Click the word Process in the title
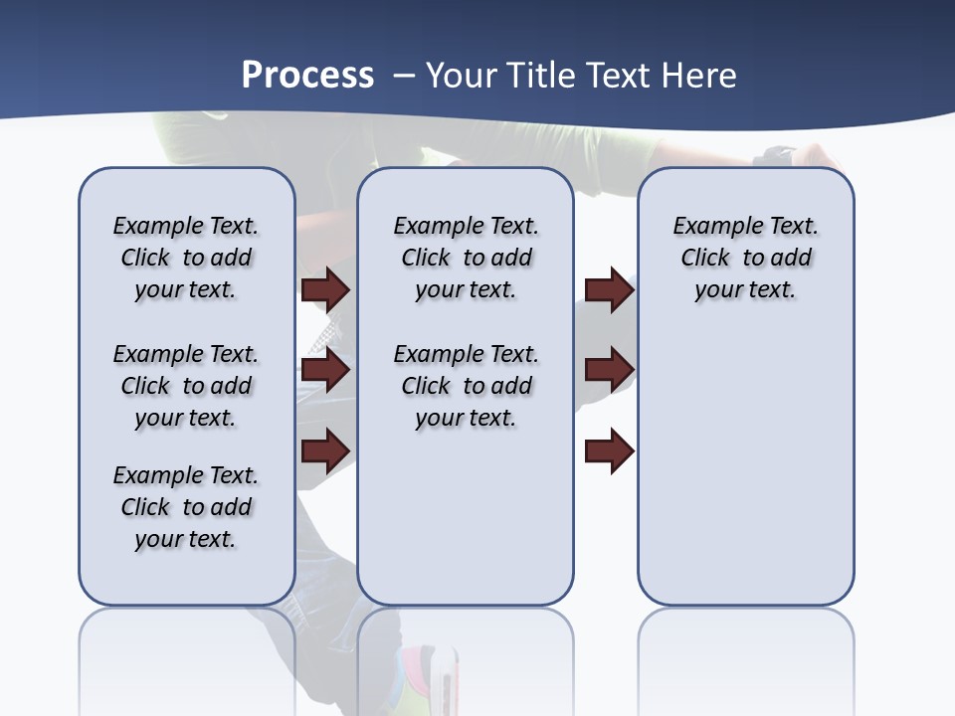click(x=307, y=76)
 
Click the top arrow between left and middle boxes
click(x=325, y=289)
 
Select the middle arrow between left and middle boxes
click(x=325, y=370)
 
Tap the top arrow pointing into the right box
click(x=609, y=289)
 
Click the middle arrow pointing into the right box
click(x=609, y=370)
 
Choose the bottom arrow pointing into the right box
click(x=609, y=450)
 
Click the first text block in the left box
click(x=186, y=258)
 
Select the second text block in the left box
click(x=186, y=386)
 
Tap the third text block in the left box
click(x=186, y=507)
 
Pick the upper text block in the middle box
click(x=466, y=258)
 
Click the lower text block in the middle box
click(x=466, y=386)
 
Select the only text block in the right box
click(x=745, y=258)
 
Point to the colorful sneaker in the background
click(x=428, y=676)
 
